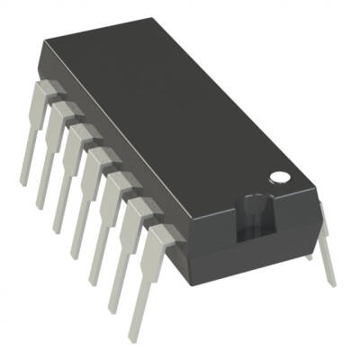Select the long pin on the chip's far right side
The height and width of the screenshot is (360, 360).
[x=326, y=248]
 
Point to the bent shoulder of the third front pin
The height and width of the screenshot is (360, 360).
[x=82, y=136]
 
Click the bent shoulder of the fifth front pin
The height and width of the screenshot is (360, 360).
[x=120, y=184]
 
